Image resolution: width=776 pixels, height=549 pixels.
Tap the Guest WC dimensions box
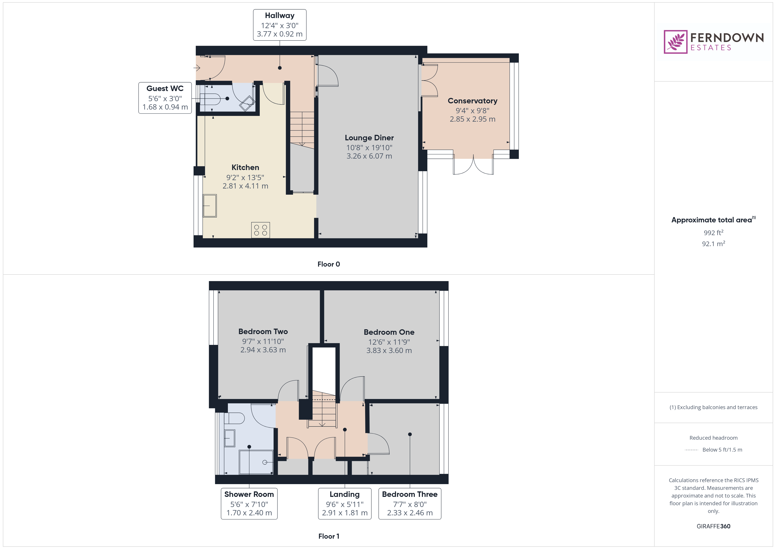pyautogui.click(x=165, y=98)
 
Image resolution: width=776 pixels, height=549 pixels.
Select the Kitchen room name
pyautogui.click(x=245, y=167)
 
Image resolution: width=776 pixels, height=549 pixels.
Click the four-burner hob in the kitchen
pyautogui.click(x=260, y=230)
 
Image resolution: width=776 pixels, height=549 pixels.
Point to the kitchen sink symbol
pyautogui.click(x=210, y=205)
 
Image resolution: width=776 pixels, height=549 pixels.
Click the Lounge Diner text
pyautogui.click(x=369, y=138)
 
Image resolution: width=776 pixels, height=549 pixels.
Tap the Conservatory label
pyautogui.click(x=472, y=101)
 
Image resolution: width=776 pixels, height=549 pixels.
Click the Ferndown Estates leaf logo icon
pyautogui.click(x=675, y=42)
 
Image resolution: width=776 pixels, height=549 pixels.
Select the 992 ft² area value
pyautogui.click(x=713, y=232)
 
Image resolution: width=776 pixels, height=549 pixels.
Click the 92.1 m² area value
pyautogui.click(x=713, y=244)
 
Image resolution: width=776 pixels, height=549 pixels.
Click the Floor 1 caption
pyautogui.click(x=329, y=536)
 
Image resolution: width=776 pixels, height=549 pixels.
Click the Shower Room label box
pyautogui.click(x=249, y=503)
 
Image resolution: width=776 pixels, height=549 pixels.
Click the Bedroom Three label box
pyautogui.click(x=410, y=503)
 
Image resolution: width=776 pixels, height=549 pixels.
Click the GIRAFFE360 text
pyautogui.click(x=713, y=526)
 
